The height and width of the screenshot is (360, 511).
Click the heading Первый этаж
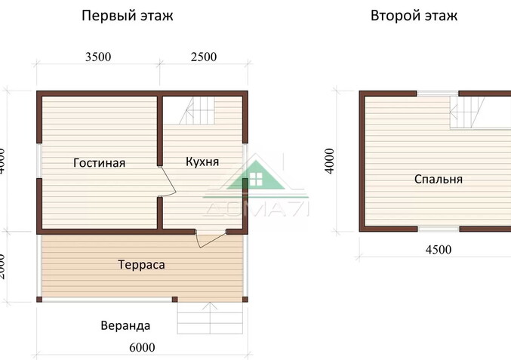128,16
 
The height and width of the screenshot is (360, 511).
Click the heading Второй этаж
414,16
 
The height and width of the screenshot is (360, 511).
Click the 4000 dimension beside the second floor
329,160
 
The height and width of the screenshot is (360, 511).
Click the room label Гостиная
99,163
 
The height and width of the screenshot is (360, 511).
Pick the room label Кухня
202,162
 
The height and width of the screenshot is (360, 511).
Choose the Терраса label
141,265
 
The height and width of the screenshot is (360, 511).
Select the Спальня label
438,180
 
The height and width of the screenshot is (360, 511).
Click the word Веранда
125,326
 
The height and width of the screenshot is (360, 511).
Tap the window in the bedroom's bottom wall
439,228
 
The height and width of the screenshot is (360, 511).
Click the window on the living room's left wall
38,161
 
